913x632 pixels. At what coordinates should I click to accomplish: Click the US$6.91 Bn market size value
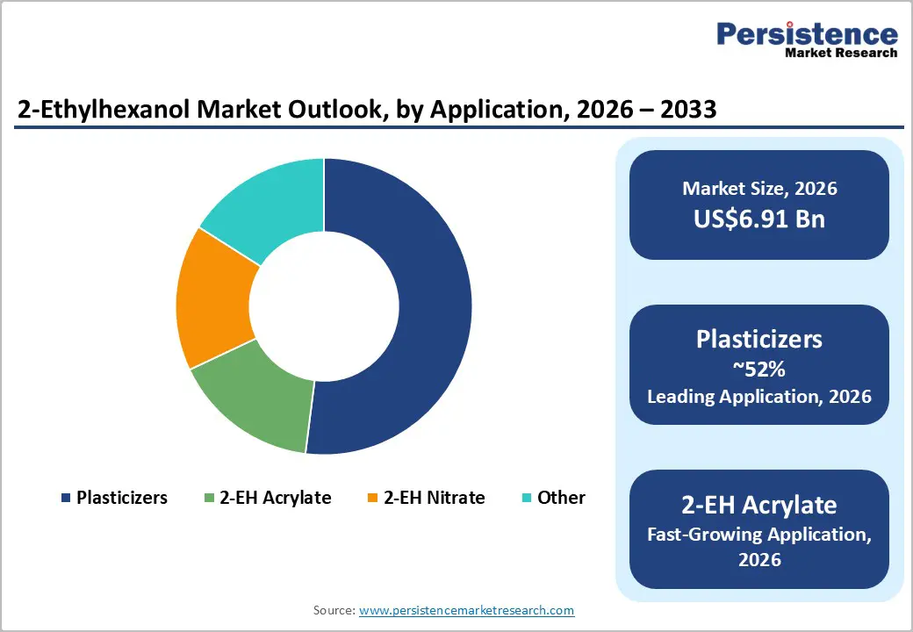[x=759, y=219]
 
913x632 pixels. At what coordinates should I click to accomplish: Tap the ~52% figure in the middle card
[x=759, y=369]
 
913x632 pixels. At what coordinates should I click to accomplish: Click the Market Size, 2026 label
[x=759, y=188]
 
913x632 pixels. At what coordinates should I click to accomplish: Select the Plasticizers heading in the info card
[x=759, y=339]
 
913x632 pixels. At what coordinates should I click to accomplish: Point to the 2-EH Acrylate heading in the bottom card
[x=759, y=505]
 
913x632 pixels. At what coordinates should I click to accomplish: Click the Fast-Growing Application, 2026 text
[x=759, y=546]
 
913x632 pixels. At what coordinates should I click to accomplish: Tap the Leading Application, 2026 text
[x=759, y=397]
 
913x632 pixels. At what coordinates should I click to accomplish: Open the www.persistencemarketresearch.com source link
[x=466, y=610]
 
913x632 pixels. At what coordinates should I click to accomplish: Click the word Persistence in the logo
[x=807, y=34]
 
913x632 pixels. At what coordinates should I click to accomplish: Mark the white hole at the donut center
[x=324, y=306]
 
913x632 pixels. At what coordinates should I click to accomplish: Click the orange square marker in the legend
[x=372, y=499]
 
